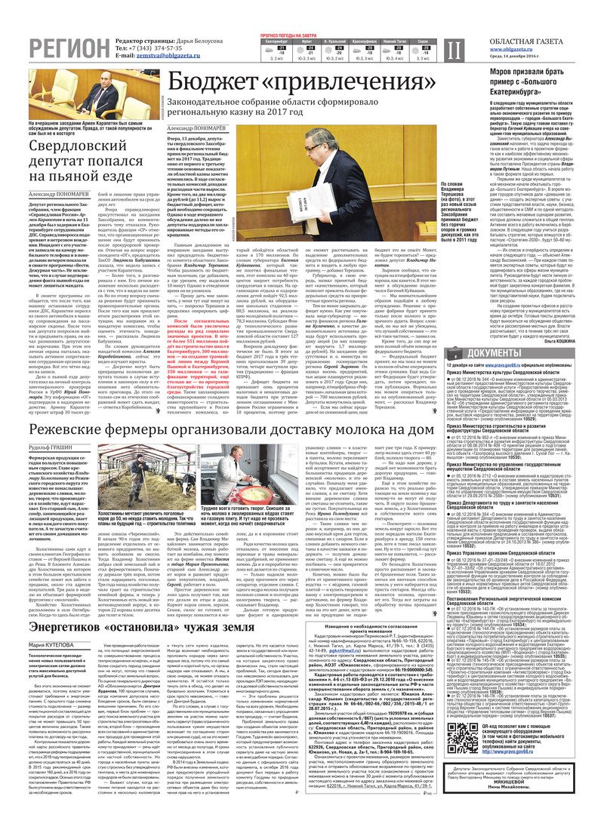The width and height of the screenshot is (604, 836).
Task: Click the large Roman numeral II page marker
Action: pos(451,50)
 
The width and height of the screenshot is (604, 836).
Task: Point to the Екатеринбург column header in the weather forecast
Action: pos(276,41)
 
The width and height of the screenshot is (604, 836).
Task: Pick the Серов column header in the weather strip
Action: pos(424,41)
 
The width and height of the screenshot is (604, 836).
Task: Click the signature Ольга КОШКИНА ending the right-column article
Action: pos(567,340)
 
